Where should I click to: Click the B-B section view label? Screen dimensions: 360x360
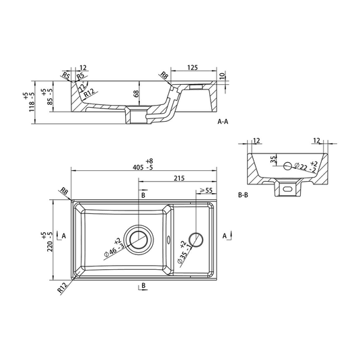tap(246, 194)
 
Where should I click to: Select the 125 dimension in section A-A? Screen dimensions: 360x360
tap(192, 67)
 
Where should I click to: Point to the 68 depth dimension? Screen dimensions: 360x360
tap(137, 96)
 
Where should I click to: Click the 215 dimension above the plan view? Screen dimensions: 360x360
tap(179, 178)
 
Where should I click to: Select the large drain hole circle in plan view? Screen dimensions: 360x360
tap(140, 238)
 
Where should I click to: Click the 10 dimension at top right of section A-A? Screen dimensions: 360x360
tap(223, 77)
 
